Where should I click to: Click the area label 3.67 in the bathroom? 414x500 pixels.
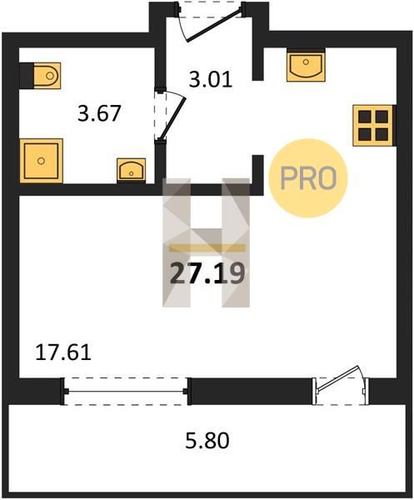(x=99, y=113)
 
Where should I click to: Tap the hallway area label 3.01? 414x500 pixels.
(x=211, y=80)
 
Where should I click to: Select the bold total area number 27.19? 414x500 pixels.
(x=207, y=273)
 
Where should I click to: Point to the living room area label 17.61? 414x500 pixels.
(x=63, y=352)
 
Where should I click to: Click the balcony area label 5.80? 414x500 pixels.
(x=207, y=441)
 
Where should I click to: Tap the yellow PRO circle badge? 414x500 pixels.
(x=308, y=178)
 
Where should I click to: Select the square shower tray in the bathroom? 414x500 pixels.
(x=41, y=161)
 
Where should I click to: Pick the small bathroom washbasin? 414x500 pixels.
(x=132, y=170)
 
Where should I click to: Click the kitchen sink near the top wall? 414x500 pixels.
(x=306, y=67)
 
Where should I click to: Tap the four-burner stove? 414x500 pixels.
(x=373, y=126)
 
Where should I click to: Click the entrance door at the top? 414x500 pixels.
(x=212, y=22)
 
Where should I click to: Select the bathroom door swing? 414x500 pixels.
(x=170, y=116)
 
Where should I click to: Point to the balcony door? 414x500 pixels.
(x=341, y=385)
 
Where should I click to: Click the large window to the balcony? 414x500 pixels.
(x=126, y=391)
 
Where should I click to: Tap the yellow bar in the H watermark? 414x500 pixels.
(x=207, y=248)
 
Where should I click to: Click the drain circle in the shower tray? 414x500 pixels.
(x=41, y=161)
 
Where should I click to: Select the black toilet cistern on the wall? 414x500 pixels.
(x=27, y=76)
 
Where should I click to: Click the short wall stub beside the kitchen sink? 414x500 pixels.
(x=258, y=63)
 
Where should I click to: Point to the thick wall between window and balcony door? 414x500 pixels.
(x=251, y=391)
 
